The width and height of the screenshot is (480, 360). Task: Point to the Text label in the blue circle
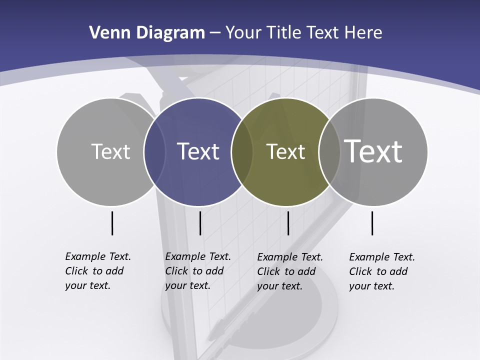coord(198,151)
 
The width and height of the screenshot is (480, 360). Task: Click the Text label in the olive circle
coord(285,151)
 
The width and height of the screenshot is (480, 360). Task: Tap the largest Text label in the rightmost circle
coord(373,151)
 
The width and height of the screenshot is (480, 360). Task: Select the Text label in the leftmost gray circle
coord(110,151)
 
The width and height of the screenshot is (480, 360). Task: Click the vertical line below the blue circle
coord(200,223)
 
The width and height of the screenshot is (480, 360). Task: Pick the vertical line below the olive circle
coord(288,223)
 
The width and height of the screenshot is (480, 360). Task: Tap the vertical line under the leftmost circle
coord(112,223)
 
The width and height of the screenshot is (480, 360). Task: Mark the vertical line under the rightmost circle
coord(372,223)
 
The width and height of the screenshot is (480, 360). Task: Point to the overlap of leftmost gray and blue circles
coord(154,152)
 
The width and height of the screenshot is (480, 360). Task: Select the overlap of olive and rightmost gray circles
coord(329,152)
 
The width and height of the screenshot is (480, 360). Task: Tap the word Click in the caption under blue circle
coord(176,271)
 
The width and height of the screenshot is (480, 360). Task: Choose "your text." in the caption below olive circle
coord(280,286)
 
